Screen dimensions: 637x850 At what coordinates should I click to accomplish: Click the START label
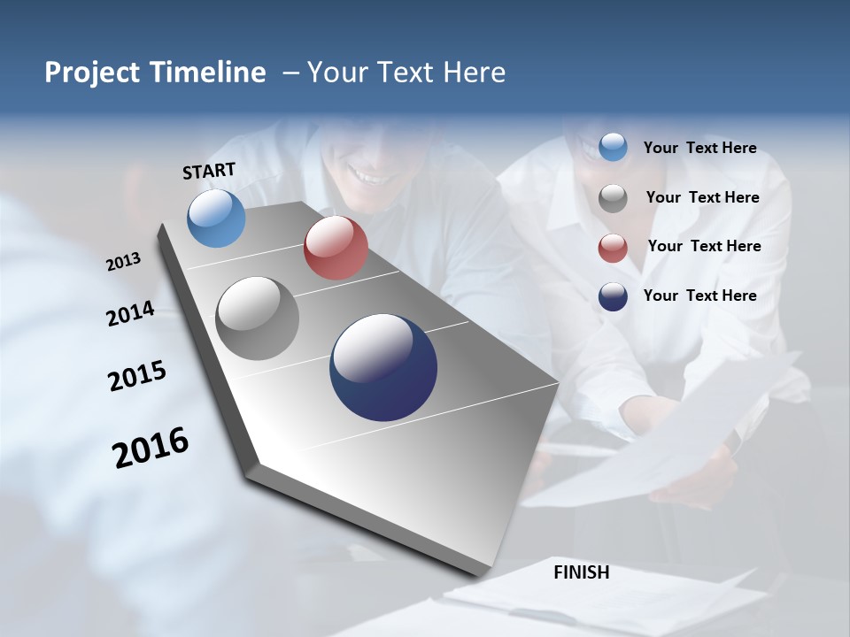pos(209,171)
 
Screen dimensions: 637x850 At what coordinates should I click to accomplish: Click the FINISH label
pos(581,572)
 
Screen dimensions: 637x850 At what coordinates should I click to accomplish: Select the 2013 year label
pos(123,262)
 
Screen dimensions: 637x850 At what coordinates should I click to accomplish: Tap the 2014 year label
pos(130,314)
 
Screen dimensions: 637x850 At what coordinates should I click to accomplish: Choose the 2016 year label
pos(151,448)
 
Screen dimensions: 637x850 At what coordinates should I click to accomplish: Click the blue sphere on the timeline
pos(217,219)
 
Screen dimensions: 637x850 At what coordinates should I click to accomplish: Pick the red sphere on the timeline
pos(336,248)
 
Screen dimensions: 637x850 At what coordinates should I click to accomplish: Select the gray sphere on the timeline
pos(258,318)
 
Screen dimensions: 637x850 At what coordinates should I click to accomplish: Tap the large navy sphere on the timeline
pos(383,367)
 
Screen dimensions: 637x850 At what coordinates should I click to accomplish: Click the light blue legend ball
pos(613,148)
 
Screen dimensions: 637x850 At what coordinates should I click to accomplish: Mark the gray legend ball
pos(613,197)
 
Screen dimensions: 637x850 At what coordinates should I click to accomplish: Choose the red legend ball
pos(613,248)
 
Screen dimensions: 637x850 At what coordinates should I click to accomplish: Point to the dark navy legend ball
pos(613,296)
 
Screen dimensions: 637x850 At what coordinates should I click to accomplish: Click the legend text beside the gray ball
pos(702,197)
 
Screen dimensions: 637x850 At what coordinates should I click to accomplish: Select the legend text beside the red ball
pos(704,246)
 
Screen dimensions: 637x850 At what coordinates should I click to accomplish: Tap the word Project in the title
pos(89,73)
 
